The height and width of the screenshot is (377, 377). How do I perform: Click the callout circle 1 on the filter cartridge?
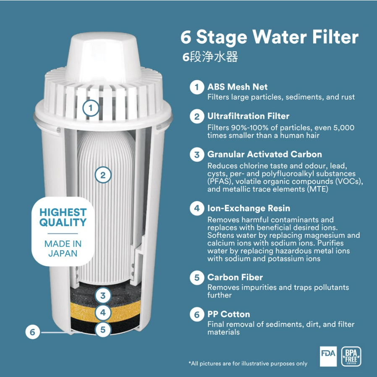pyautogui.click(x=91, y=108)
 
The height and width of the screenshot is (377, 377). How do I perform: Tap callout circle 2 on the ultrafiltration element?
pyautogui.click(x=103, y=175)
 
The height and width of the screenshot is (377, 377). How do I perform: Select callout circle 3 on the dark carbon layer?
pyautogui.click(x=103, y=296)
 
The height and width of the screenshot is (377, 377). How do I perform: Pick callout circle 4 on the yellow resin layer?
pyautogui.click(x=103, y=313)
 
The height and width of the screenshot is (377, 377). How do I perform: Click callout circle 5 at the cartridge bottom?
pyautogui.click(x=103, y=330)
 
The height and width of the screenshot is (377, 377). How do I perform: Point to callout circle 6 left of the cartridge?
pyautogui.click(x=33, y=332)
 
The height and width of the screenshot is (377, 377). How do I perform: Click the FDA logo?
pyautogui.click(x=328, y=356)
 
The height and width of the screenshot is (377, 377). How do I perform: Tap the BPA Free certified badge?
pyautogui.click(x=351, y=356)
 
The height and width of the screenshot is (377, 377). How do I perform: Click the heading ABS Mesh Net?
pyautogui.click(x=237, y=87)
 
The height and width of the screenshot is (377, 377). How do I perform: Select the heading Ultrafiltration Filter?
pyautogui.click(x=249, y=116)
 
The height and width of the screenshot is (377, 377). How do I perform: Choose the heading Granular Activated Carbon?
pyautogui.click(x=265, y=154)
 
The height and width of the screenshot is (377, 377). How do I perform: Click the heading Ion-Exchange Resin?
pyautogui.click(x=249, y=208)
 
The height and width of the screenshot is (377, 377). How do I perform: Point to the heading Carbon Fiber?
pyautogui.click(x=235, y=277)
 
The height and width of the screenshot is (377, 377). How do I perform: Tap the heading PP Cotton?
pyautogui.click(x=229, y=314)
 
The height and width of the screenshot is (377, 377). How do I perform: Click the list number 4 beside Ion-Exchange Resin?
pyautogui.click(x=197, y=208)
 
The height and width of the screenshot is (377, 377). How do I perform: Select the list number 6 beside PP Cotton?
pyautogui.click(x=197, y=314)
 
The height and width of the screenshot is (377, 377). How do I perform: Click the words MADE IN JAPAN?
pyautogui.click(x=63, y=249)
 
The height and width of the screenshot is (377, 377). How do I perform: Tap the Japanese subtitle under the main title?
pyautogui.click(x=210, y=57)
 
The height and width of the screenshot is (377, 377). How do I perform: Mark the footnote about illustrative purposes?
pyautogui.click(x=248, y=364)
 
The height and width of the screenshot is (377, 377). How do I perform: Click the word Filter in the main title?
pyautogui.click(x=335, y=37)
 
